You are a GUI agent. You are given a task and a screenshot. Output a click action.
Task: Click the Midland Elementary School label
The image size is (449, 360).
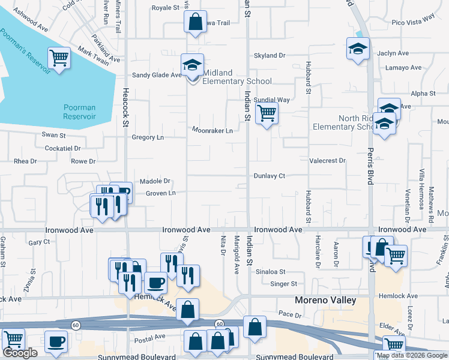[x=237, y=77]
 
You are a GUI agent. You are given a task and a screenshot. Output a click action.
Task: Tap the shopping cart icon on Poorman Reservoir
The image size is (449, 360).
[x=60, y=59]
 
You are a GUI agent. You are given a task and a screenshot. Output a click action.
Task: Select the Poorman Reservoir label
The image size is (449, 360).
[x=80, y=112]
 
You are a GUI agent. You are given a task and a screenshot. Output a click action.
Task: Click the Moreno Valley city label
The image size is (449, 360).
[x=326, y=300]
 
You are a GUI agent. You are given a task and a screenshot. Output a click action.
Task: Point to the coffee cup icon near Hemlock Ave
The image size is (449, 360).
[x=155, y=281]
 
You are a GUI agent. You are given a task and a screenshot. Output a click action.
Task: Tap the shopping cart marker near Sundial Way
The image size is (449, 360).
[x=267, y=112]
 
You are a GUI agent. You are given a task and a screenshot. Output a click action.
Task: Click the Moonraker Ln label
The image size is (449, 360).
[x=212, y=130]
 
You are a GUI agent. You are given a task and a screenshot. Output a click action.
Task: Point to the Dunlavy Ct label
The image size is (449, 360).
[x=269, y=176]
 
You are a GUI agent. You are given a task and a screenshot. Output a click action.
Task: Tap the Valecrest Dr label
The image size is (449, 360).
[x=327, y=161]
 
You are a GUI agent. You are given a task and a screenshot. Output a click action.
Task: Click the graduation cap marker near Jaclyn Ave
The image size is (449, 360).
[x=358, y=48]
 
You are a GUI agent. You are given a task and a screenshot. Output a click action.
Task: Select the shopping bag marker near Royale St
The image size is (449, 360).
[x=195, y=22]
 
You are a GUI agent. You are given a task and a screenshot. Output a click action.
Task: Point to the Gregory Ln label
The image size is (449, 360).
[x=148, y=137]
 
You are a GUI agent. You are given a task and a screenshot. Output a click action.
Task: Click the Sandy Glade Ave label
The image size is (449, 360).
[x=156, y=76]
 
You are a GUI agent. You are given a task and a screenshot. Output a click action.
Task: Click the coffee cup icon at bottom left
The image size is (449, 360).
[x=56, y=341]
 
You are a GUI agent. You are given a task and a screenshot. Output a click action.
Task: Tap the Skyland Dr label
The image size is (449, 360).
[x=270, y=55]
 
